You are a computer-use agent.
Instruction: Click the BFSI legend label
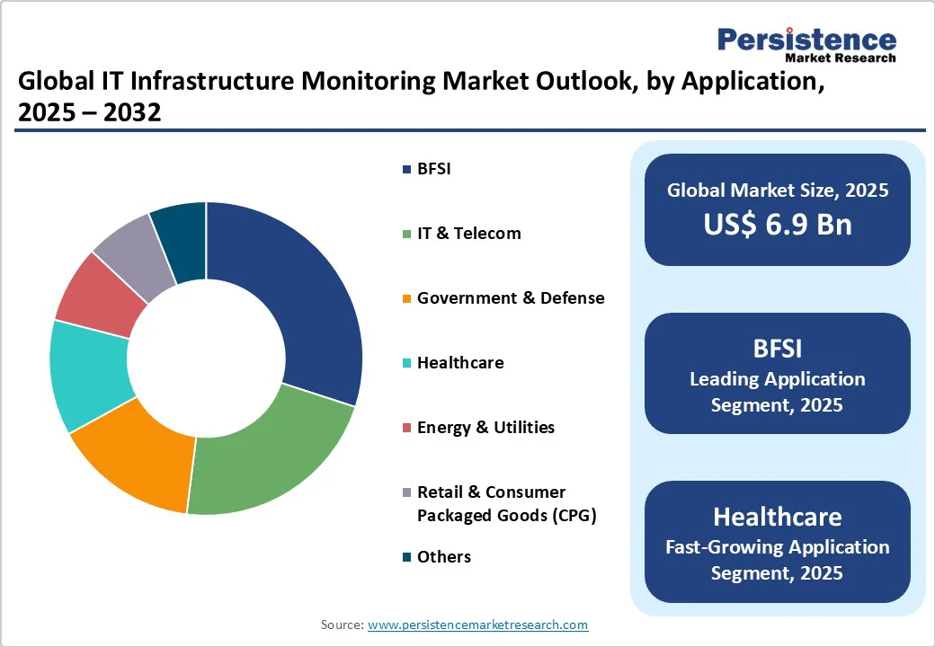pos(433,169)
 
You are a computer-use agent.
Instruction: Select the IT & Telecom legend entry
pos(468,234)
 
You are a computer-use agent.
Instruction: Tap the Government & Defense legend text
pos(510,298)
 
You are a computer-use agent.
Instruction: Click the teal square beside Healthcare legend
pos(407,363)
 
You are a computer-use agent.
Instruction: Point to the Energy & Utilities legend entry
pos(485,428)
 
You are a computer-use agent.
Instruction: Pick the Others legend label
pos(443,557)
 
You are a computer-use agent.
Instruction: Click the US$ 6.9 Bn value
pos(777,224)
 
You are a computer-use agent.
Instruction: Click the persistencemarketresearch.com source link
pos(477,625)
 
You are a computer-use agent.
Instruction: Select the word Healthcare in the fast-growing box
pos(777,517)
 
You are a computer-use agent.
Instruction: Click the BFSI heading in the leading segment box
pos(777,349)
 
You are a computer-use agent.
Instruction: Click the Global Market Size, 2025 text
pos(777,191)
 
